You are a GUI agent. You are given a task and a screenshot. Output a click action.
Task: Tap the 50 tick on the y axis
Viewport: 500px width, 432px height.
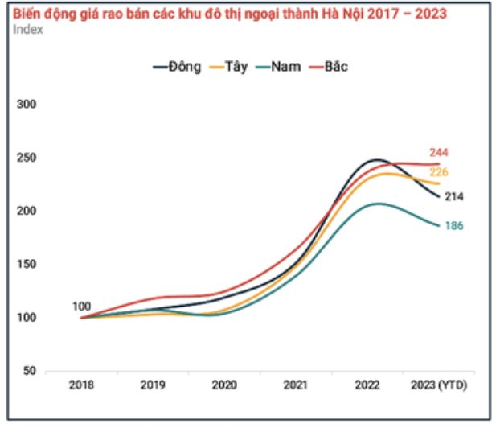pos(27,371)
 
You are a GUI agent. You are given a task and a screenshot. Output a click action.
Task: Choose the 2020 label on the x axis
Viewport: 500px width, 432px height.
pos(224,385)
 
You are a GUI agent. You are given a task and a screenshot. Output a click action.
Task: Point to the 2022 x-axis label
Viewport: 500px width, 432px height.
pos(369,385)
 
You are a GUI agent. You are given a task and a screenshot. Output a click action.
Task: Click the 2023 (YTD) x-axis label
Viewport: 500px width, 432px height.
pos(439,385)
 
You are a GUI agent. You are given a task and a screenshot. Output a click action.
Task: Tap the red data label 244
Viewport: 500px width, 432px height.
pos(439,152)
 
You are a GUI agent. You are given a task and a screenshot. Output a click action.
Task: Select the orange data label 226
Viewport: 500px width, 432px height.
pos(439,172)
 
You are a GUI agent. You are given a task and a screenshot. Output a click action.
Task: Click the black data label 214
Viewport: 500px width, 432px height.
pos(455,196)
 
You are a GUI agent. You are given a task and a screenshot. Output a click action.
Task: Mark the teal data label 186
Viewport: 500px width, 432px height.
pos(454,226)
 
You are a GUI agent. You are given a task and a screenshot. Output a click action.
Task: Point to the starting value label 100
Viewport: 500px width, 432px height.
pos(81,306)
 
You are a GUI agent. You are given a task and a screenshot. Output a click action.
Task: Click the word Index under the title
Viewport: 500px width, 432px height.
pos(28,29)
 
